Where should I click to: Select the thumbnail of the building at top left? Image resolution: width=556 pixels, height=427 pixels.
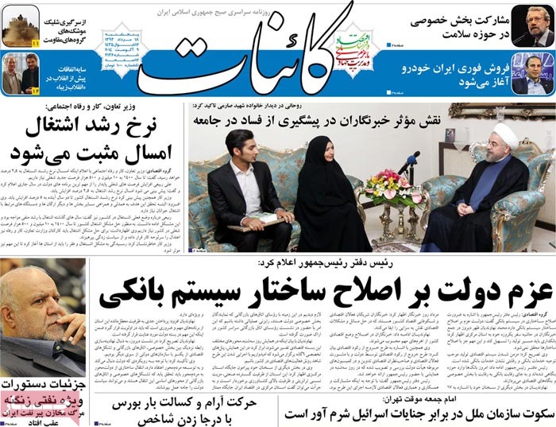21,25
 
